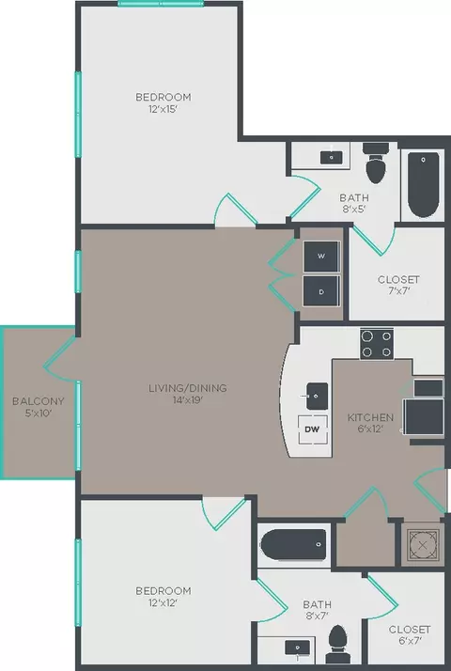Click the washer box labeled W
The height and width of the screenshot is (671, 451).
320,256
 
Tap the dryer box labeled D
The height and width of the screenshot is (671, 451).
320,291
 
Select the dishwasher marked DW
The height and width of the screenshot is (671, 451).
313,430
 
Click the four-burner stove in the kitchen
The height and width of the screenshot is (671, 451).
378,344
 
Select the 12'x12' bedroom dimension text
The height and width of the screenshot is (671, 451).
163,603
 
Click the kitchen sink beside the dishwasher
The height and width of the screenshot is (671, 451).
314,392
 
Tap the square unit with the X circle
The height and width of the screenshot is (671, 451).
423,544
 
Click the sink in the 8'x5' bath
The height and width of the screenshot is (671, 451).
331,157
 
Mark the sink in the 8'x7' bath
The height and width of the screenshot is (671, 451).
300,648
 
